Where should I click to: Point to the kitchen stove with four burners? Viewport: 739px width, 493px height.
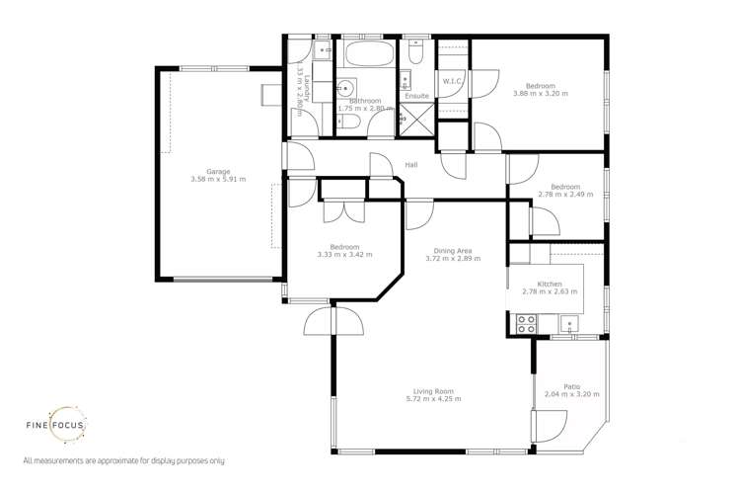point(526,322)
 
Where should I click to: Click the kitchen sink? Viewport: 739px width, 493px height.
point(568,322)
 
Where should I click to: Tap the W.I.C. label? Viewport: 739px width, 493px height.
point(454,81)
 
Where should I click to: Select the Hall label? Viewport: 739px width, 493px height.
point(411,165)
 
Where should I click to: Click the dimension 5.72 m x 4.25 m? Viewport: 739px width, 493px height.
point(433,399)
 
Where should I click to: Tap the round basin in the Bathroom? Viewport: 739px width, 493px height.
point(346,86)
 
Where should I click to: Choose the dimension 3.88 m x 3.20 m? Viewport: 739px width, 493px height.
point(540,94)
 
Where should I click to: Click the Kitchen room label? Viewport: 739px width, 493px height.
point(543,284)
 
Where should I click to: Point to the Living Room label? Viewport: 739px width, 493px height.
point(434,391)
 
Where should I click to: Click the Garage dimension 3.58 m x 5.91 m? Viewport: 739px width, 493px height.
point(218,180)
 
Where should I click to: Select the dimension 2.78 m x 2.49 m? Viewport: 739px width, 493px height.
point(565,195)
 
